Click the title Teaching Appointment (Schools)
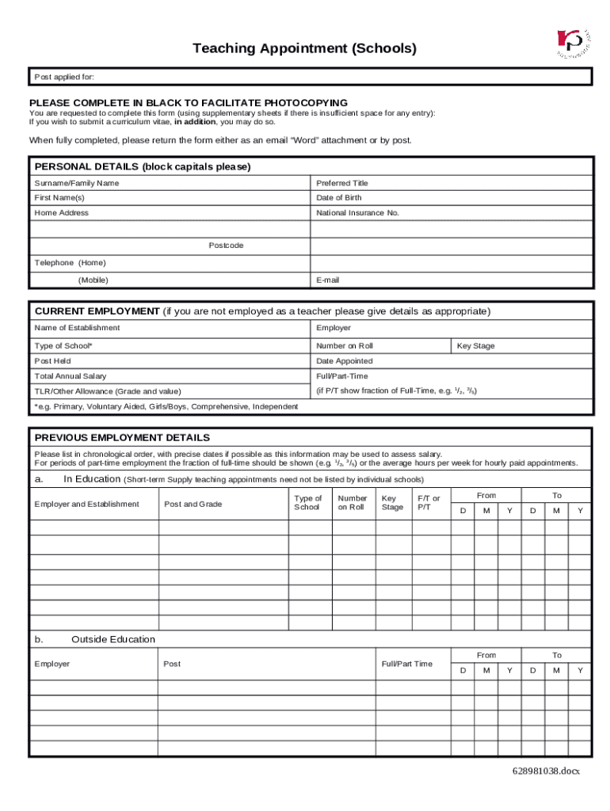click(304, 48)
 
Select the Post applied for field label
click(64, 77)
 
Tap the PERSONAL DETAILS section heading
click(143, 166)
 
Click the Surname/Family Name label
click(77, 183)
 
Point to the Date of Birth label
click(339, 198)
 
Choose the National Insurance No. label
click(358, 213)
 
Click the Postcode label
click(226, 246)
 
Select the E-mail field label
click(328, 280)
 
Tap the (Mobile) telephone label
click(93, 280)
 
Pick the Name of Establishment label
click(78, 328)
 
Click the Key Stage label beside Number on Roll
click(476, 346)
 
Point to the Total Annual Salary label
click(71, 376)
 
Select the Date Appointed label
click(345, 361)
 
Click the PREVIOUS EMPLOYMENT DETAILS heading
click(122, 437)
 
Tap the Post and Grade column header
click(193, 504)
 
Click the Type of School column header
click(308, 503)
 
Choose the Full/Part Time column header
click(407, 664)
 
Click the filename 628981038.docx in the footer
click(546, 771)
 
